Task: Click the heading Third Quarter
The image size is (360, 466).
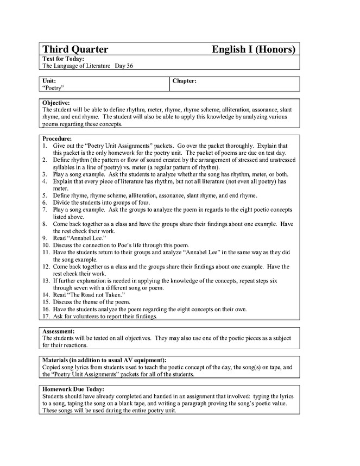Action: tap(75, 49)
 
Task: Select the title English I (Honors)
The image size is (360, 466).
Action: tap(254, 49)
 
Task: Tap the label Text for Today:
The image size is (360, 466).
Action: tap(63, 59)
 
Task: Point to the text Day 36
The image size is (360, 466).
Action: tap(124, 66)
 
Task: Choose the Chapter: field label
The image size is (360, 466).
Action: tap(184, 80)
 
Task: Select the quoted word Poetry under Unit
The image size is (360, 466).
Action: tap(53, 87)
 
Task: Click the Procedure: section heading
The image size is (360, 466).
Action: tap(57, 139)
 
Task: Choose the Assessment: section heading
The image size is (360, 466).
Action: tap(59, 331)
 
